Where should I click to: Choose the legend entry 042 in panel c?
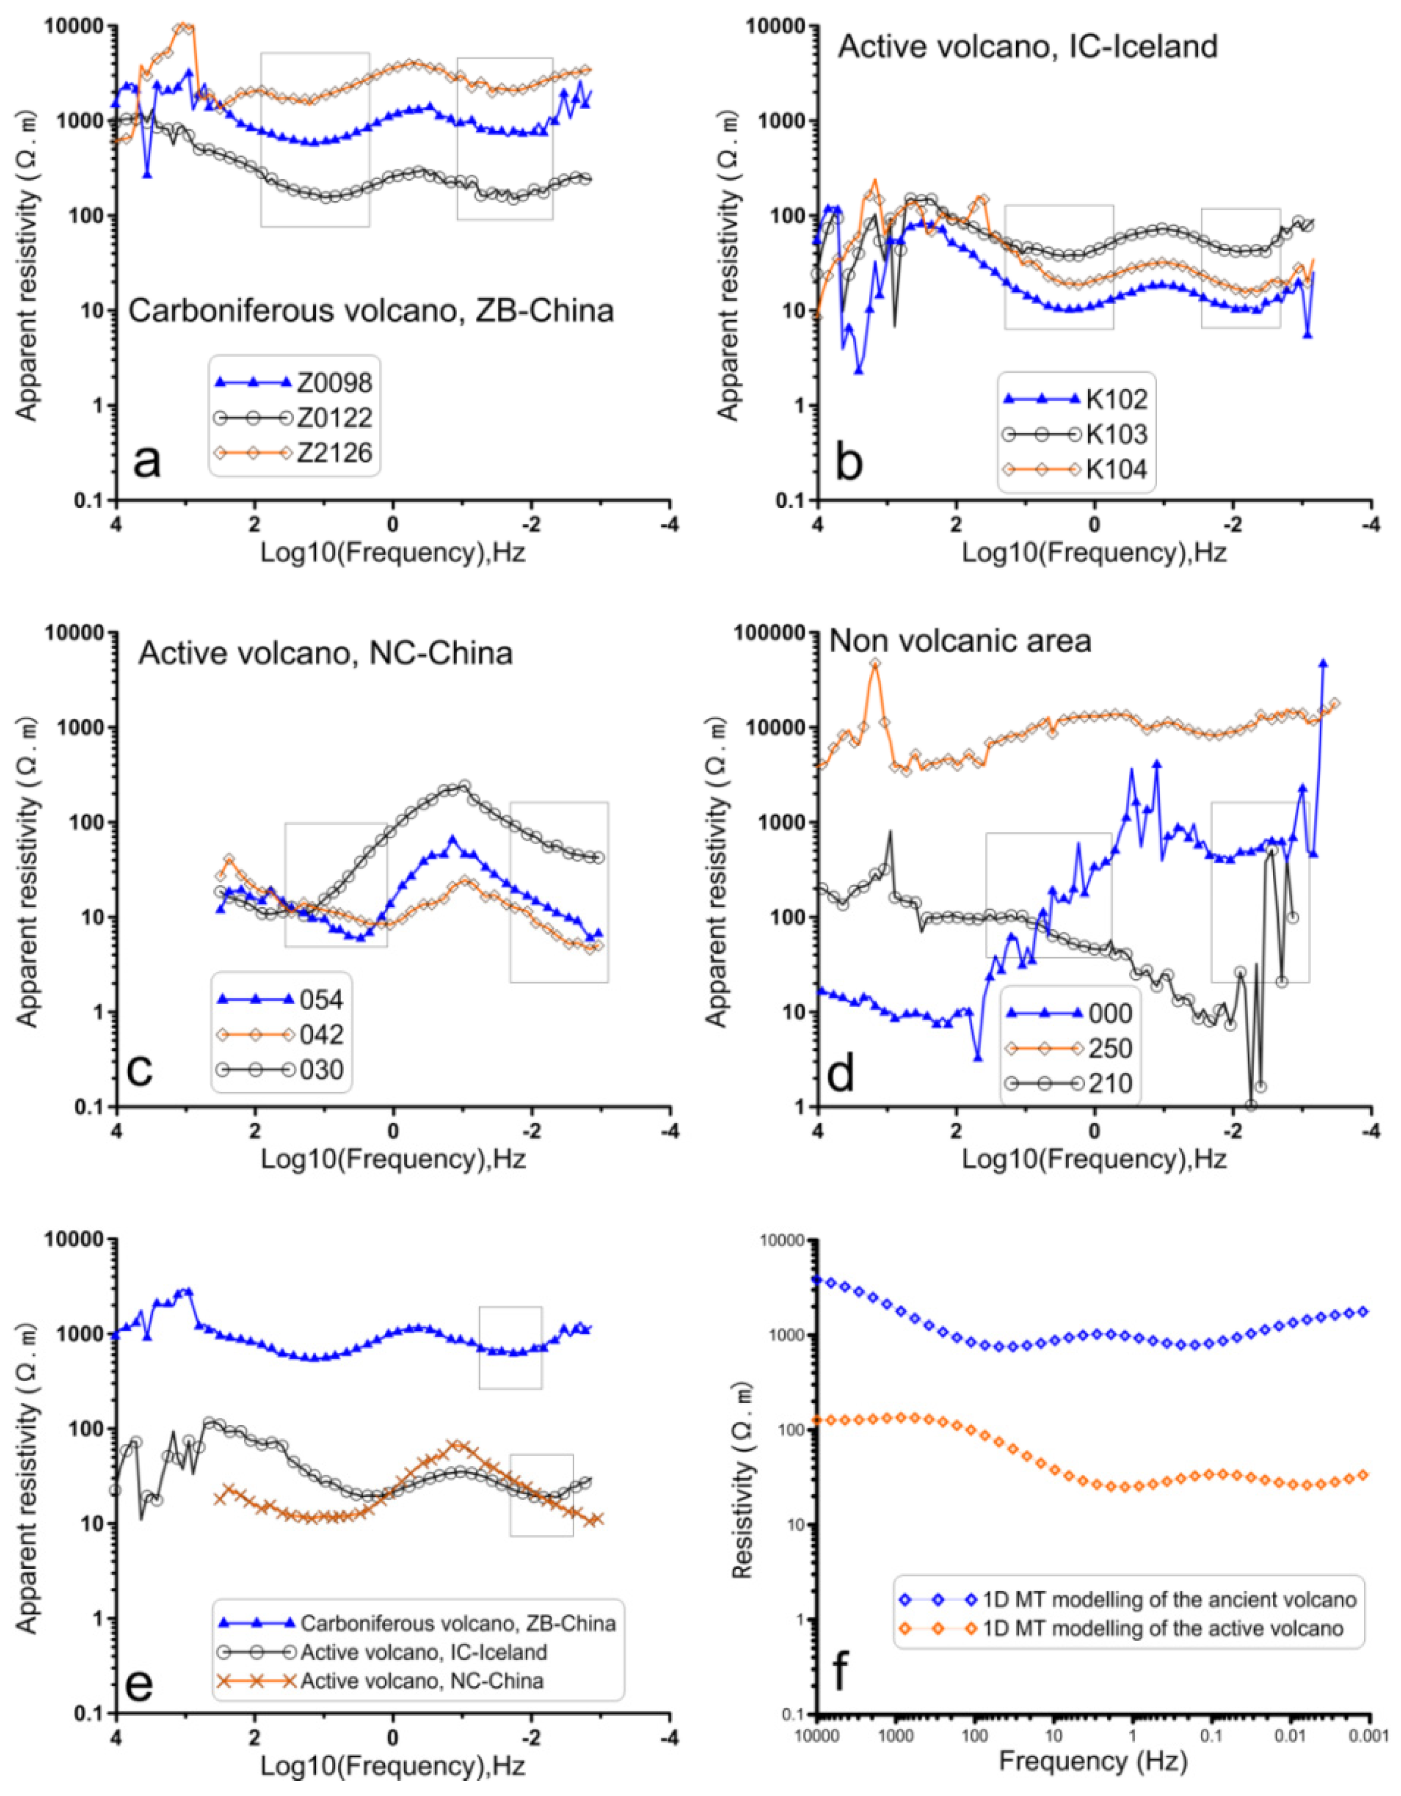321,1035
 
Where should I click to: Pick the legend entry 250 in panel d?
1110,1049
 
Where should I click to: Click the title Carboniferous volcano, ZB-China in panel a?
371,311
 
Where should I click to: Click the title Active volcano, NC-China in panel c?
326,653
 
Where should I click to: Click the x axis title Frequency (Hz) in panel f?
1093,1760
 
